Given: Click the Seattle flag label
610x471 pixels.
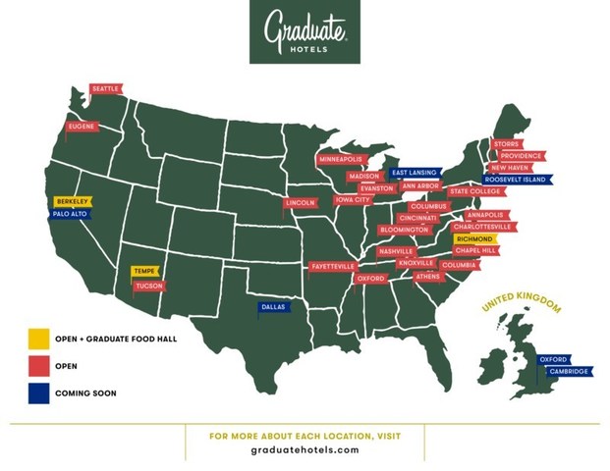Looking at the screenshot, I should [105, 89].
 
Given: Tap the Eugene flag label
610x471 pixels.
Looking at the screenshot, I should [82, 127].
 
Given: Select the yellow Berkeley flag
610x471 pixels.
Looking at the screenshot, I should [72, 200].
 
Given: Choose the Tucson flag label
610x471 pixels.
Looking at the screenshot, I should [149, 286].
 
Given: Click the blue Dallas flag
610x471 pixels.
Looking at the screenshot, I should [273, 307].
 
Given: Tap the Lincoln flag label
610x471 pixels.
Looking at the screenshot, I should [301, 203].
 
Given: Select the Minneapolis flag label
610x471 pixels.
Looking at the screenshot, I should [340, 159].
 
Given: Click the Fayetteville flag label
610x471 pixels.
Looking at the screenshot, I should [332, 266].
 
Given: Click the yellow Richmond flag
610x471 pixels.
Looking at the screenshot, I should [474, 238].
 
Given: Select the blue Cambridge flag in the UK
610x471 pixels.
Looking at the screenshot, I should [568, 371].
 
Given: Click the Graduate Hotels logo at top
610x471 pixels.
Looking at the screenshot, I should [305, 32].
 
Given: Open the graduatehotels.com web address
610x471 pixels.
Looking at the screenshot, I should [305, 450].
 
